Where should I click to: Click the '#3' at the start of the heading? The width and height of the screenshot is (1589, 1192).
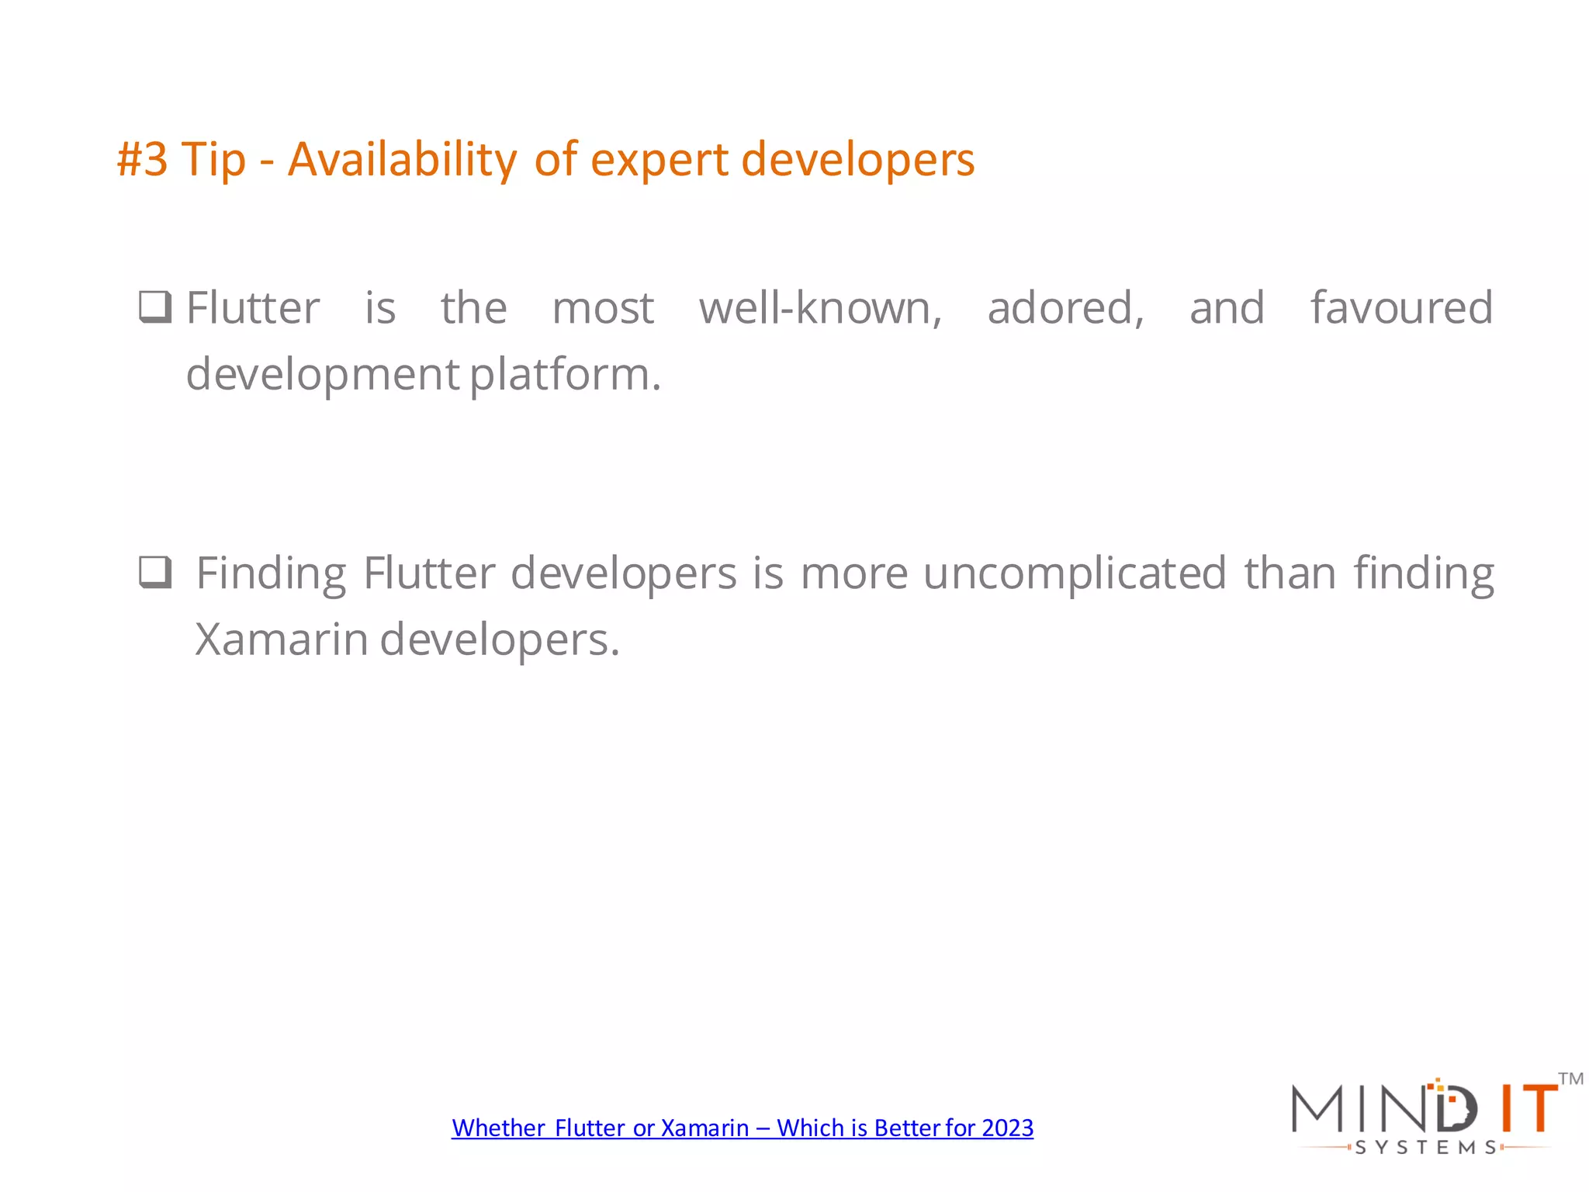(142, 160)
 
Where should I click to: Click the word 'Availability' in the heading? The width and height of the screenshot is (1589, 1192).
(402, 160)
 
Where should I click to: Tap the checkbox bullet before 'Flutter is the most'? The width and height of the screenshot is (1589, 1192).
(155, 307)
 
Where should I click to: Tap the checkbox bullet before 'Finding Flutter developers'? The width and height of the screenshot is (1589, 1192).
(155, 573)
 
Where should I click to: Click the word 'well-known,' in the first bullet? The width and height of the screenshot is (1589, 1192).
(820, 308)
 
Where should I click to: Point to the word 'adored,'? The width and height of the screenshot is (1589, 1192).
(1065, 308)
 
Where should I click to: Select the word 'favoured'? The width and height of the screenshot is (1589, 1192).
(1401, 308)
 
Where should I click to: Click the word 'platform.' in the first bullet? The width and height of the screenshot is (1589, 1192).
(566, 375)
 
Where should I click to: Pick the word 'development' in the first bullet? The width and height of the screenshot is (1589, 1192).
(323, 375)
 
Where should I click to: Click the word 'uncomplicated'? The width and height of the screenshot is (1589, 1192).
(1075, 573)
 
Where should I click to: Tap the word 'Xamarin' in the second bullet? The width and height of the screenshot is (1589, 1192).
(281, 640)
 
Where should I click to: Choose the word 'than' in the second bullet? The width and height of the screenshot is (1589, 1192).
(1290, 573)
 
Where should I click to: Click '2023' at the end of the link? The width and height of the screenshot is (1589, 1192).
(1007, 1128)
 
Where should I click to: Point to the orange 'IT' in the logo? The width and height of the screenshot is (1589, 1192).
(1528, 1108)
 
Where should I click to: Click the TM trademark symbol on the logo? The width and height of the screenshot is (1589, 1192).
(1570, 1079)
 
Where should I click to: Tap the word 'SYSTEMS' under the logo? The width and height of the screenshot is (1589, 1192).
(1425, 1148)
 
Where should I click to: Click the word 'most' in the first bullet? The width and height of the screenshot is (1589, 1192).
(603, 308)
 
